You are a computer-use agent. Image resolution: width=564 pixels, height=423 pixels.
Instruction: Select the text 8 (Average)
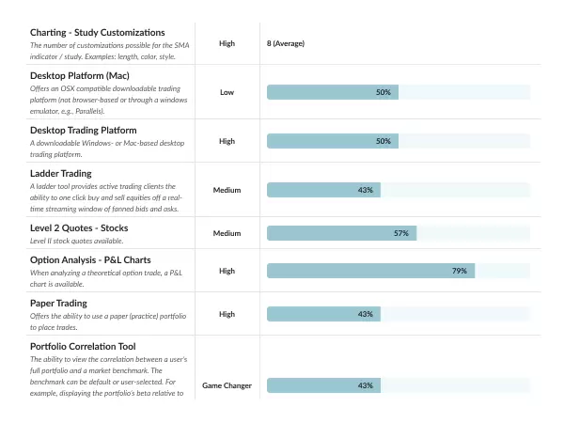click(x=286, y=43)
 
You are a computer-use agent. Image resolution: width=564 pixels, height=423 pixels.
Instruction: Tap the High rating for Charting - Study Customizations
click(x=227, y=43)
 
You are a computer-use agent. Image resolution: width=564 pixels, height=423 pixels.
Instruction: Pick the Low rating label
click(x=227, y=92)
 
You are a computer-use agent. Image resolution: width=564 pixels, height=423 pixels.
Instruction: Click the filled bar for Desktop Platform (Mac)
click(x=332, y=92)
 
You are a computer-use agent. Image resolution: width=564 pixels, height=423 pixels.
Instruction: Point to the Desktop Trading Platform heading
click(x=84, y=130)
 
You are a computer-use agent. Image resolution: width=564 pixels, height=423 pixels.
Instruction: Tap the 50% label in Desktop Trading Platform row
click(x=384, y=141)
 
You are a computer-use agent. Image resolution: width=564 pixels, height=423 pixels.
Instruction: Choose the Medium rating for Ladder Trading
click(x=227, y=190)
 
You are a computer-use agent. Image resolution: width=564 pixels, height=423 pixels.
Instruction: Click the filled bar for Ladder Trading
click(x=323, y=190)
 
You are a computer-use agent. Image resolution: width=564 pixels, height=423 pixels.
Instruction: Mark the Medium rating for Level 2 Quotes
click(x=227, y=233)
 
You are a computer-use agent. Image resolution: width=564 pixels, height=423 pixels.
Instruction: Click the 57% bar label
click(x=400, y=233)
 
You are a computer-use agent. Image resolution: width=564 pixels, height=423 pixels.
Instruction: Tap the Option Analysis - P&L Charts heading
click(x=90, y=259)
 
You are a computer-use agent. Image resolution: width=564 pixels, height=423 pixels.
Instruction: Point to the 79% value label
click(x=459, y=271)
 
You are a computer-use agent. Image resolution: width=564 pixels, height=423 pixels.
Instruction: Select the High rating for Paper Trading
click(x=227, y=314)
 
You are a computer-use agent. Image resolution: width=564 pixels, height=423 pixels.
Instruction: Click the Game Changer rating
click(x=227, y=385)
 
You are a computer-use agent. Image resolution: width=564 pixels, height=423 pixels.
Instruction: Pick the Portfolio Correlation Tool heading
click(x=89, y=346)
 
